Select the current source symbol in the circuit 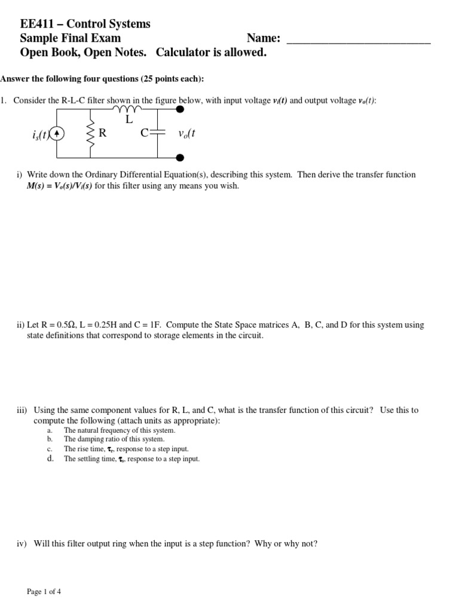pos(57,134)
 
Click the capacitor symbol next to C pos(157,134)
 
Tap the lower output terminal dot pos(180,157)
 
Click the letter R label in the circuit pos(103,133)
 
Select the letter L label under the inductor pos(128,120)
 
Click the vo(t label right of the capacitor pos(187,134)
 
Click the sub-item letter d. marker pos(50,459)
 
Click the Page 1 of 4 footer pos(44,592)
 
